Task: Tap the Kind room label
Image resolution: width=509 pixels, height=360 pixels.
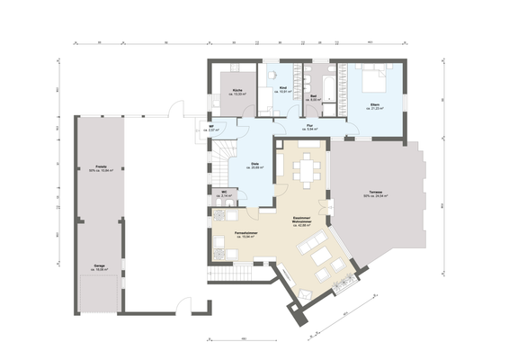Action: [x=282, y=89]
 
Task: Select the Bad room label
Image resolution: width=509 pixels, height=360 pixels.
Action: [x=313, y=96]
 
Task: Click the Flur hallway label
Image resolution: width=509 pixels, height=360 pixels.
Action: [x=308, y=128]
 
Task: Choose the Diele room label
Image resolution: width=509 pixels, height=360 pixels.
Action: [x=256, y=165]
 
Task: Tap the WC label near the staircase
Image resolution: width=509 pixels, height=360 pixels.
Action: [x=225, y=193]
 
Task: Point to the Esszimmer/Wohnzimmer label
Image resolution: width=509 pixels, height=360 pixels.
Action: [x=302, y=221]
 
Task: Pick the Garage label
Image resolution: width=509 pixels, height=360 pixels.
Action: [x=98, y=267]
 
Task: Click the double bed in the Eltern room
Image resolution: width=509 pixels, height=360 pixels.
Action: [x=375, y=82]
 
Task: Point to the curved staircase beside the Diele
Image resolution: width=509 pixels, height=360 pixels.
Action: [x=222, y=166]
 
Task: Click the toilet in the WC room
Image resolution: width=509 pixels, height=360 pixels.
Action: [x=216, y=193]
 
